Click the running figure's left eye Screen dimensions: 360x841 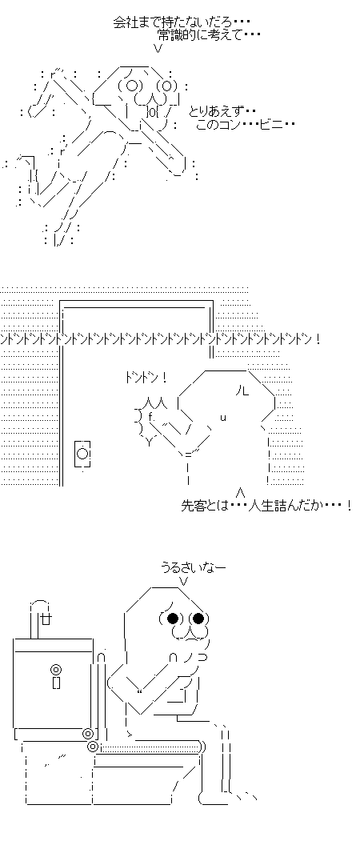(x=132, y=86)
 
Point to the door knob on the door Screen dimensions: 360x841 (x=82, y=454)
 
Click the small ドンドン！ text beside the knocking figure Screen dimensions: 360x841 (x=146, y=378)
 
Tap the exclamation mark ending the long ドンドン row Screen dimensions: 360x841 (x=318, y=339)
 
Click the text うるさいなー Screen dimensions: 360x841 (x=194, y=567)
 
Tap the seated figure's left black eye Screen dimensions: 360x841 (x=172, y=619)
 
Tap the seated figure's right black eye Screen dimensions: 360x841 (x=199, y=619)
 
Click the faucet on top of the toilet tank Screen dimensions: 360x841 (x=42, y=618)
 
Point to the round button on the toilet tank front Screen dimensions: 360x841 (x=55, y=669)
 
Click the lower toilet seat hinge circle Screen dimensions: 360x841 (x=93, y=746)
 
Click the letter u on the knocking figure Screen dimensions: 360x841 (x=222, y=418)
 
